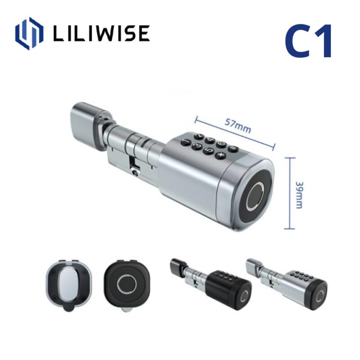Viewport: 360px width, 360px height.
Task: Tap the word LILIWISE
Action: [x=101, y=34]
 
